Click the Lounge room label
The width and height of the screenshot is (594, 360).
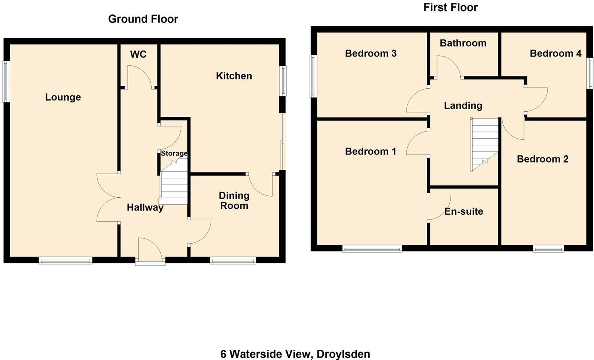63,97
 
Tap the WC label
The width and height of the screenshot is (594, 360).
138,54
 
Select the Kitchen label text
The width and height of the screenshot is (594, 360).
234,76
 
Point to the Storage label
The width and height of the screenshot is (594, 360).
174,153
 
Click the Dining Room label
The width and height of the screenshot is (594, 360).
234,200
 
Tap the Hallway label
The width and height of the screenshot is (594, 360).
145,208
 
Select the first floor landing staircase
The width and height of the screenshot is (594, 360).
484,143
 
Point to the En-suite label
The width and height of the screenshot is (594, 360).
463,211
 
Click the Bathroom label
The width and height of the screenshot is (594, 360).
462,43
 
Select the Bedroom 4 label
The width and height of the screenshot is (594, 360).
555,53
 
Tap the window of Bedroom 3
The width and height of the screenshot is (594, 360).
313,76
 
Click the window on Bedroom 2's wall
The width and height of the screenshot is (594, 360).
548,249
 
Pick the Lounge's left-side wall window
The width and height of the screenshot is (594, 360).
6,81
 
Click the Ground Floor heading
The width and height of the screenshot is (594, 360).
143,19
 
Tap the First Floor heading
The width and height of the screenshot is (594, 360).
450,8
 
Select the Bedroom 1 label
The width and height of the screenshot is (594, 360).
370,152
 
